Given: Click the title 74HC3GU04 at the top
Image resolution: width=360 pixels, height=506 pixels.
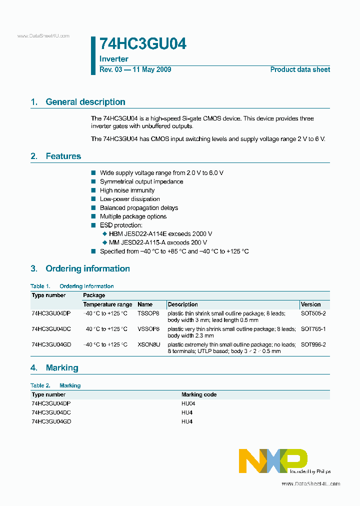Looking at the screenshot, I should coord(143,44).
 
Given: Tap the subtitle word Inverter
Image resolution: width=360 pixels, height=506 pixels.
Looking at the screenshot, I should coord(114,59).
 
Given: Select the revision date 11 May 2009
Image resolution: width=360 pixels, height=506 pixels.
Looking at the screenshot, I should coord(151,69).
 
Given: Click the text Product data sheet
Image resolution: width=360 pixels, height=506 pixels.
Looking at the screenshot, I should coord(300,69).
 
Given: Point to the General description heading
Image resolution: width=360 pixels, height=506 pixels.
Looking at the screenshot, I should coord(85,102).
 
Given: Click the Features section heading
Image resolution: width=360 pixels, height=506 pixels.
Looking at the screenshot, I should coord(63,156).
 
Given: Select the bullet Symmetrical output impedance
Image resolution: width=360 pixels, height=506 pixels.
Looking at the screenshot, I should coord(141,181).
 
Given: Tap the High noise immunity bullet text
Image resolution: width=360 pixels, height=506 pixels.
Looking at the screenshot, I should coord(127,190).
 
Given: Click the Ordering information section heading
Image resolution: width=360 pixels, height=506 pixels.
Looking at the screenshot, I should coord(87,269).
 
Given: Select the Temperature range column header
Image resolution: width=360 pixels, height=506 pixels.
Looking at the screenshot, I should coord(107,304).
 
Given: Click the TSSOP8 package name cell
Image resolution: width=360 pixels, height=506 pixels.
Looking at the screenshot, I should coord(148,313).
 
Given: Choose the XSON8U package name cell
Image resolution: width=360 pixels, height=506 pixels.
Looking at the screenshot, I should coord(149,344).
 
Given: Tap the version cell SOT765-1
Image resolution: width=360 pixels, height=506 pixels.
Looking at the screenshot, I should coord(313,329).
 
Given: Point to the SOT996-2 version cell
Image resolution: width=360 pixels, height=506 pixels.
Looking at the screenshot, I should coord(313,344).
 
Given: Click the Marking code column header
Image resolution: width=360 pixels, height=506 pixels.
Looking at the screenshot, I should coord(199,394).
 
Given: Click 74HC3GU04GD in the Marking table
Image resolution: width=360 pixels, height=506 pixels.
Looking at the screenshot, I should coord(51,421).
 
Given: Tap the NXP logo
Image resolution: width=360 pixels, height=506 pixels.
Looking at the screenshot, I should coord(273,460).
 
